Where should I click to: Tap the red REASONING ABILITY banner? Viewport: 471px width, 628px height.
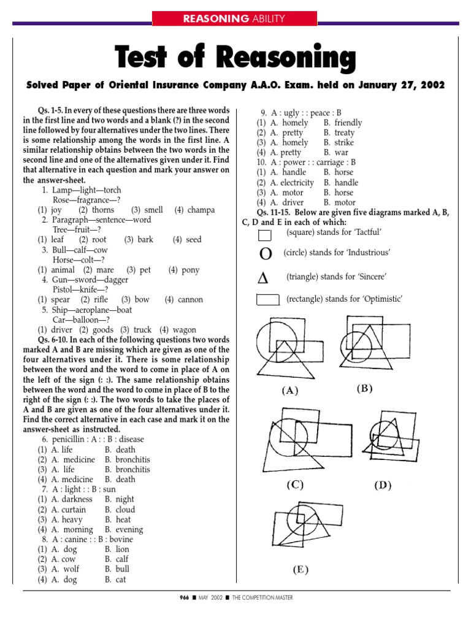point(235,19)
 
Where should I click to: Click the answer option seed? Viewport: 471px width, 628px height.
point(193,240)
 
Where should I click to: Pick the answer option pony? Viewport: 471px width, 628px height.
point(190,270)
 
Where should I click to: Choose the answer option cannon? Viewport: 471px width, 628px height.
point(190,300)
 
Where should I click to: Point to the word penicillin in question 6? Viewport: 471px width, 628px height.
point(71,440)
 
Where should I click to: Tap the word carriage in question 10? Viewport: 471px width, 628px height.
point(316,163)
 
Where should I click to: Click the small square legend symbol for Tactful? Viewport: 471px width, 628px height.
point(264,235)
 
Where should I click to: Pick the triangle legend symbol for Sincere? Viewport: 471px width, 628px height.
point(263,278)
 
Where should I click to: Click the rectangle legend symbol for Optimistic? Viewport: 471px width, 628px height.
point(268,300)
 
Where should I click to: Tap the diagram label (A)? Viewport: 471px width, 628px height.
point(290,391)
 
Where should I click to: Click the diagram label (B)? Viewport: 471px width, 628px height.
point(364,389)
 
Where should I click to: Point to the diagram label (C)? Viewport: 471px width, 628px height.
point(295,484)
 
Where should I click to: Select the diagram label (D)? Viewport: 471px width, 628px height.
point(383,486)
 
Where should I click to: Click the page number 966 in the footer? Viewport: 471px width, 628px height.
point(185,597)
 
